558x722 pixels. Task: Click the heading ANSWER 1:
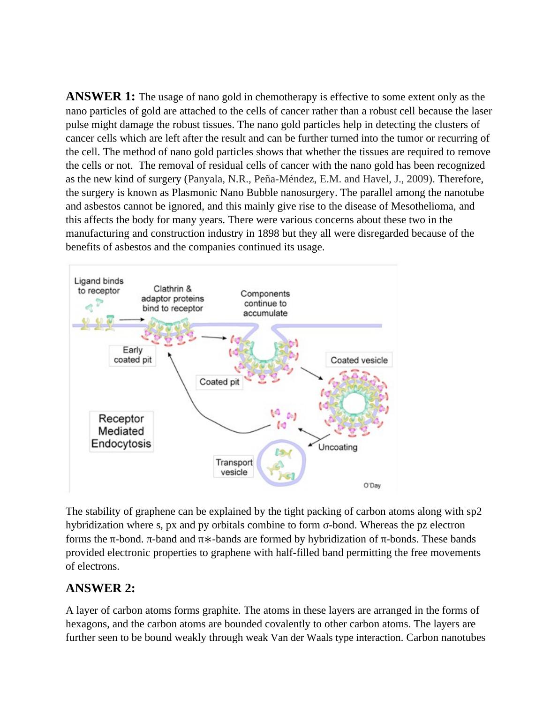click(x=100, y=97)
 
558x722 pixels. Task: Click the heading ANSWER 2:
click(x=100, y=588)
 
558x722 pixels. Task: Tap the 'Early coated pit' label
click(x=133, y=355)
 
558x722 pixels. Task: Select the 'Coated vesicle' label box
click(x=359, y=360)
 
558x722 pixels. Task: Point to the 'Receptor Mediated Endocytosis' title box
click(x=121, y=431)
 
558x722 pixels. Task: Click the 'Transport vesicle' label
click(x=234, y=467)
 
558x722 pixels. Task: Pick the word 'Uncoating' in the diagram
click(x=338, y=447)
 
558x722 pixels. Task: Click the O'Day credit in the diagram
click(x=372, y=485)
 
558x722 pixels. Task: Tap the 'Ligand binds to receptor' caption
click(x=99, y=286)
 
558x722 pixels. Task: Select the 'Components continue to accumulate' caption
click(x=265, y=303)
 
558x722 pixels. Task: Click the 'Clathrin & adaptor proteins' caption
click(x=173, y=299)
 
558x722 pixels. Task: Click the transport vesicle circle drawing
click(x=282, y=463)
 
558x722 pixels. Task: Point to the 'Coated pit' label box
click(x=219, y=382)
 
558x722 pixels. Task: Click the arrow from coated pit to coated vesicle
click(x=311, y=373)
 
